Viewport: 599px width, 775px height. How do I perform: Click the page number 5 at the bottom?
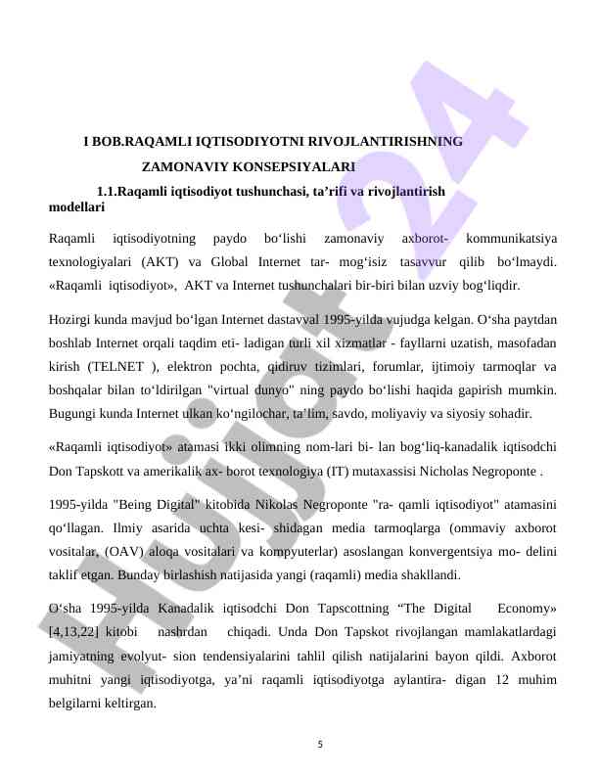[320, 745]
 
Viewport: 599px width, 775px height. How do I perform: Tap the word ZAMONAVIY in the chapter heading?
[182, 167]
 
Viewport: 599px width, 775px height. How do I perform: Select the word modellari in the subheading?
[77, 207]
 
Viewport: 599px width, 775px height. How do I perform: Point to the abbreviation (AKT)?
[159, 262]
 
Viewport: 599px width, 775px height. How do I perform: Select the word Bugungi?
[76, 415]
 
